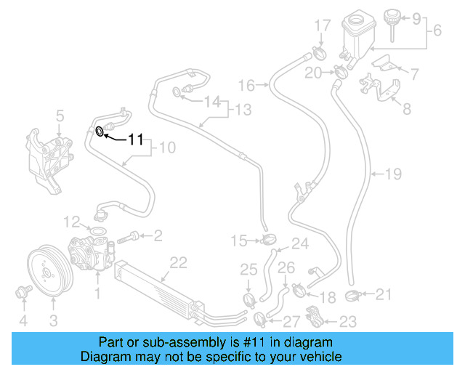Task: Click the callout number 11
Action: [x=137, y=139]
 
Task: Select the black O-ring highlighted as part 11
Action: [x=100, y=131]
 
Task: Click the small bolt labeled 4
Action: [x=22, y=293]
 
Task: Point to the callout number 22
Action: [x=174, y=262]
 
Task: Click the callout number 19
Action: [x=393, y=174]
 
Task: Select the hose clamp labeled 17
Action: [x=318, y=52]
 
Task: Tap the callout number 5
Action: [x=60, y=115]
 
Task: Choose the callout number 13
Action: [x=243, y=110]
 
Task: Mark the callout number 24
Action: [x=299, y=243]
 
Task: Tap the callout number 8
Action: [x=405, y=110]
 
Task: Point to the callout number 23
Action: [x=347, y=321]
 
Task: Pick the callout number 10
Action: [x=167, y=148]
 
